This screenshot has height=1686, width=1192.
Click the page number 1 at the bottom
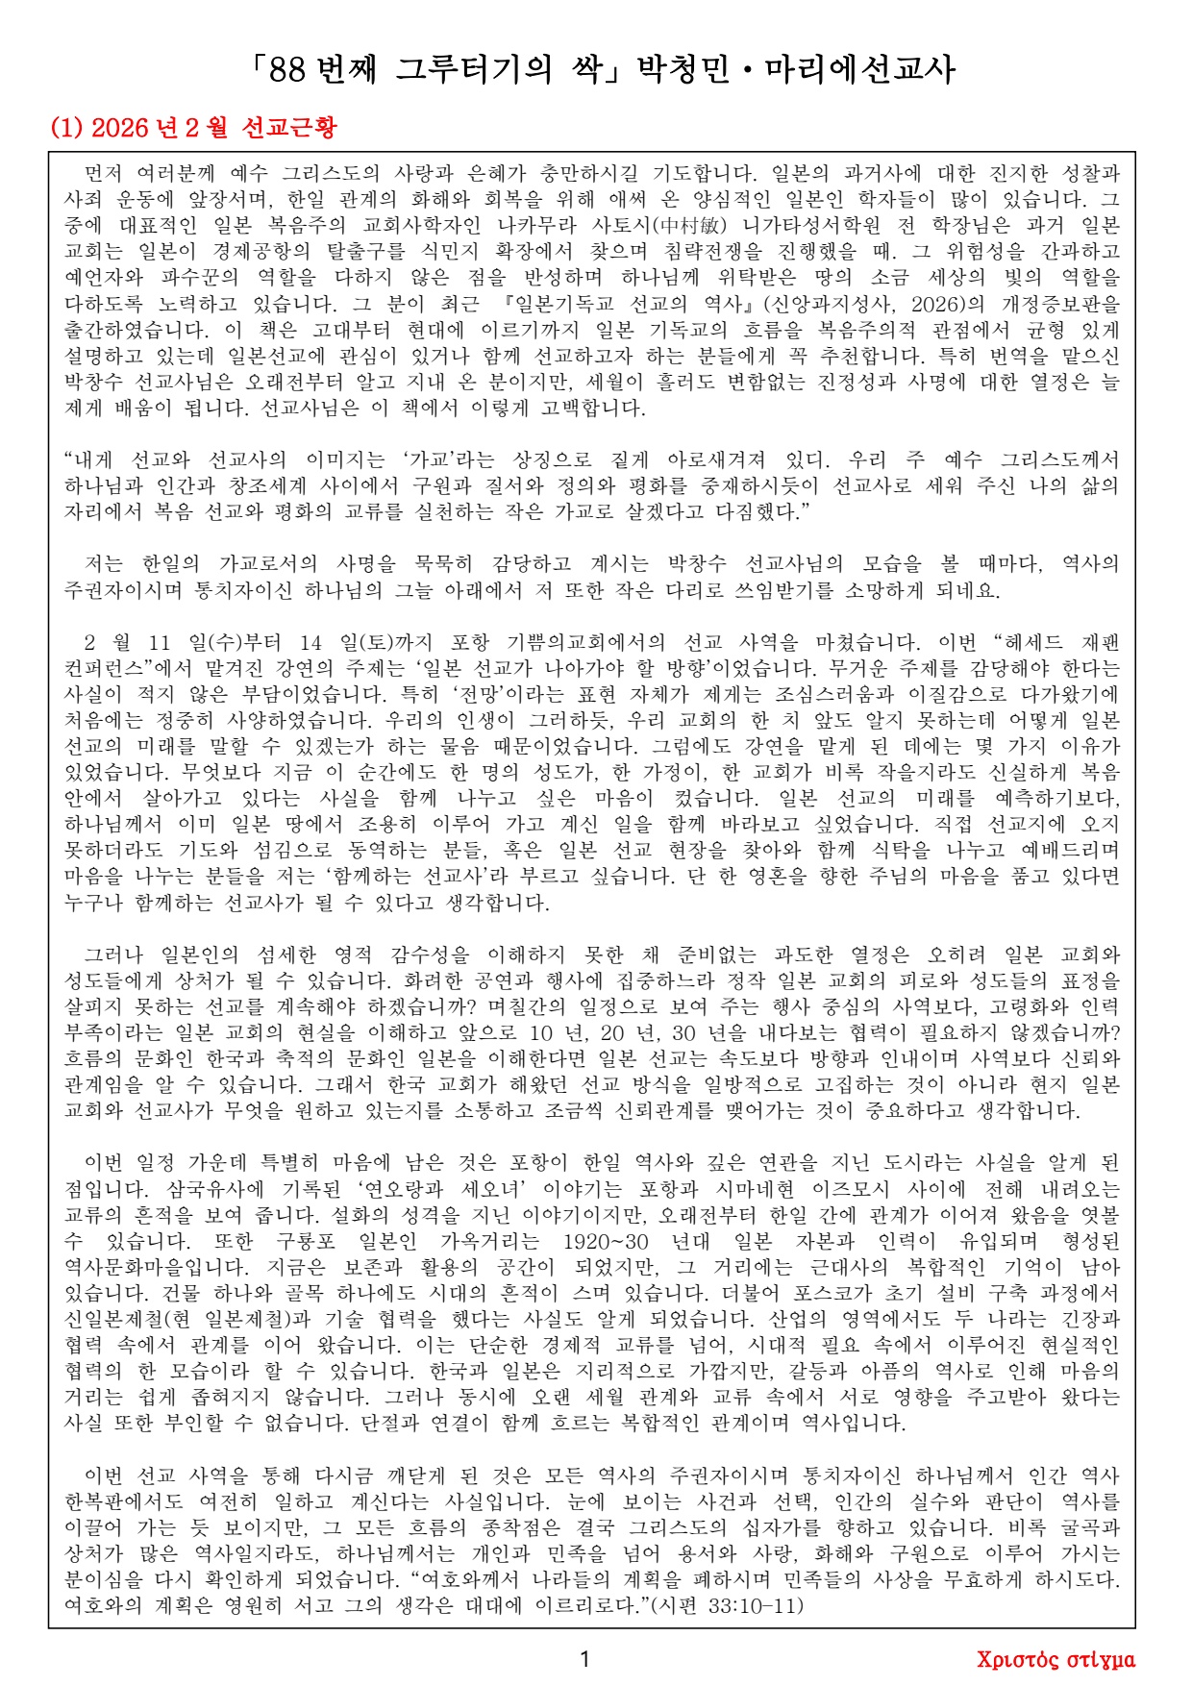pyautogui.click(x=585, y=1658)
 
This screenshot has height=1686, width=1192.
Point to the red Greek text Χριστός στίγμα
pyautogui.click(x=1055, y=1659)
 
